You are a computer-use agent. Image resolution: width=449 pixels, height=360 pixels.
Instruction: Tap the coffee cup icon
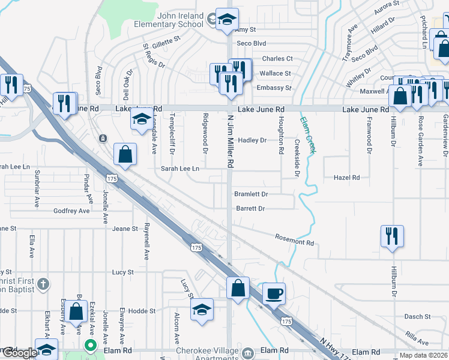tap(274, 293)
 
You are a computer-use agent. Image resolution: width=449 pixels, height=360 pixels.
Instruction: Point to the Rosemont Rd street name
tap(295, 239)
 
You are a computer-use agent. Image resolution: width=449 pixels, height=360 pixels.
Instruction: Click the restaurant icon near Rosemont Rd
tap(392, 235)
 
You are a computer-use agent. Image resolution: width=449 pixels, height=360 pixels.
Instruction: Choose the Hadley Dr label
tap(252, 140)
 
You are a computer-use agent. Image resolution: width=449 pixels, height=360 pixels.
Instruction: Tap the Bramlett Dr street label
tap(250, 194)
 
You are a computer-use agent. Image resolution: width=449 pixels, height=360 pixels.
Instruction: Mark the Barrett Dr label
tap(250, 209)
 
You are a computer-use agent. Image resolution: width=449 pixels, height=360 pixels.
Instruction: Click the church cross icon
tap(43, 283)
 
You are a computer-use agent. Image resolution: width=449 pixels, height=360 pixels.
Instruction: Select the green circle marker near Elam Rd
tap(90, 346)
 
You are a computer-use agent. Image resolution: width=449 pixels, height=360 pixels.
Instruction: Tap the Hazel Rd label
tap(347, 178)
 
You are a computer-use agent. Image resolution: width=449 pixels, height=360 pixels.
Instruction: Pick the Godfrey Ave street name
tap(71, 211)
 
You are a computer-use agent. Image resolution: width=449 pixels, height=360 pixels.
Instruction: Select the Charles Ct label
tap(277, 59)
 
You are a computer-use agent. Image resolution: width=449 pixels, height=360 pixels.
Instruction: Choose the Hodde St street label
tap(142, 311)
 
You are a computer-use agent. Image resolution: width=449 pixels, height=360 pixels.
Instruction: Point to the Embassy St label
tap(274, 88)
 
